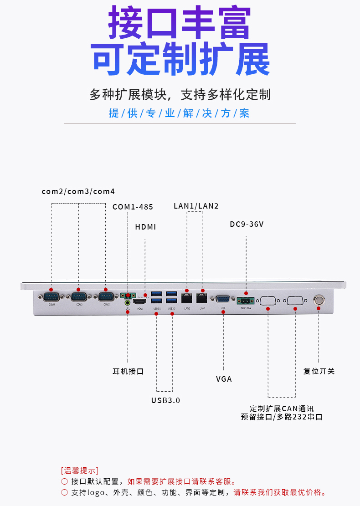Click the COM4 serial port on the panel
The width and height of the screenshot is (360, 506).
click(x=51, y=297)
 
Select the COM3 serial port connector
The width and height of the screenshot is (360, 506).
click(x=79, y=297)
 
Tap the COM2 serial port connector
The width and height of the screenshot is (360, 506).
click(x=106, y=297)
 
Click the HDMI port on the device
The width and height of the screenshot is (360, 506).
click(x=140, y=302)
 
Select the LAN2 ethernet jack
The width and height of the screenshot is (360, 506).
click(x=187, y=299)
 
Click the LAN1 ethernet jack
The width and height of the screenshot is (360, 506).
click(x=202, y=299)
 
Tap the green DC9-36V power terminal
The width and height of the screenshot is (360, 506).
click(x=246, y=301)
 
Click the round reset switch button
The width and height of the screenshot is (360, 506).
click(x=319, y=300)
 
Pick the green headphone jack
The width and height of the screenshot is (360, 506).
click(x=128, y=302)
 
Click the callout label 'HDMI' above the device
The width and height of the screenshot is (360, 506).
click(x=145, y=227)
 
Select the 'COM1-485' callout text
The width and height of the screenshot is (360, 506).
click(x=133, y=207)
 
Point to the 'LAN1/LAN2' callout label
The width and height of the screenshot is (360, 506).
click(x=196, y=206)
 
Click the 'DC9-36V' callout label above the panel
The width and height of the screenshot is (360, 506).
click(x=247, y=225)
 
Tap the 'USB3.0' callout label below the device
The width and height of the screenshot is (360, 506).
click(x=165, y=401)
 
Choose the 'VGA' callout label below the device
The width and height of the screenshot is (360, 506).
click(x=224, y=379)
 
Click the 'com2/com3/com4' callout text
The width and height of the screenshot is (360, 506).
click(x=78, y=192)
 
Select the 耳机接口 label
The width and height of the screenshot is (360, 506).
click(x=128, y=371)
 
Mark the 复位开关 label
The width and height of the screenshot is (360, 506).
click(x=319, y=371)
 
